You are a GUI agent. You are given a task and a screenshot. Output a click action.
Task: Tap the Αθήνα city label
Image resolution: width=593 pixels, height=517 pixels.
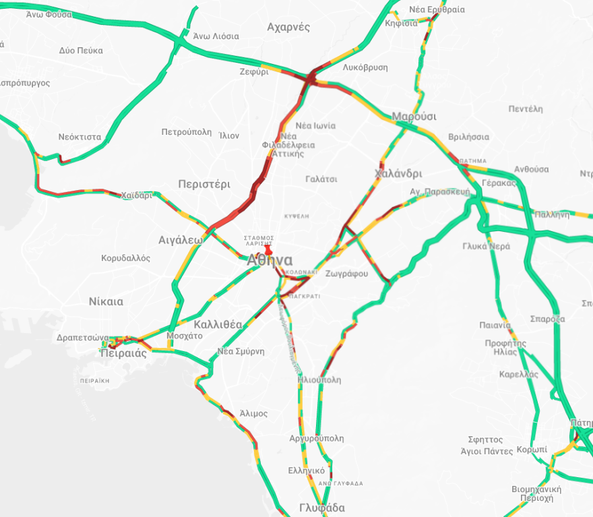pos(270,261)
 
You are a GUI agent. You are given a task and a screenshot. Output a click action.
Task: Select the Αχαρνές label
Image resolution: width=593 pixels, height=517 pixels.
pos(288,27)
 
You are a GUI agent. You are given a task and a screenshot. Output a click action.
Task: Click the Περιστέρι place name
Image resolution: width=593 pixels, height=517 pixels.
pos(204,183)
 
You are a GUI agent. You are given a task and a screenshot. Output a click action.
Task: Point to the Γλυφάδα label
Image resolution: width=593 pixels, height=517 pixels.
pos(322,508)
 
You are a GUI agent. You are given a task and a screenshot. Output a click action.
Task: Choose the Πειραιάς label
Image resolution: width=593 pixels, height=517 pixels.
pos(123,353)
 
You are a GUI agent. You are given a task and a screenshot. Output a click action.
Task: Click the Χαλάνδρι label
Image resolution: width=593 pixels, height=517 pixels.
pos(398,173)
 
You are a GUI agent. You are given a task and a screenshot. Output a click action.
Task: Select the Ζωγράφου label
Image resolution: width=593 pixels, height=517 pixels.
pos(346,274)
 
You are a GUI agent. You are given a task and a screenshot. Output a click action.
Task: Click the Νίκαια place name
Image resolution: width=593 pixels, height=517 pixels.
pos(106,301)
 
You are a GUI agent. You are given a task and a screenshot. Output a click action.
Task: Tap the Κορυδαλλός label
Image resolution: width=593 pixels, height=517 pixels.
pos(126,258)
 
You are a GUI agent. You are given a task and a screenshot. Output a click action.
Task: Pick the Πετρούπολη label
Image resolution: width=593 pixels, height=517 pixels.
pos(187,132)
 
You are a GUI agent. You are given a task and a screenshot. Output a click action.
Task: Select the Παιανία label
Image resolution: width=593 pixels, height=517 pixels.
pos(495,325)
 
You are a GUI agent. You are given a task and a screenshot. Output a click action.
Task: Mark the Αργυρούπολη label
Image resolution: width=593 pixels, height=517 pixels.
pos(316,438)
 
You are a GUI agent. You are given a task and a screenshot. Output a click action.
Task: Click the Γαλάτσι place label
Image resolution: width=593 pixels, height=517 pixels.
pos(321,179)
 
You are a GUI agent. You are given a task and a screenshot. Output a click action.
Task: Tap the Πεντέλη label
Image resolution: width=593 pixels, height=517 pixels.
pos(526,108)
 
